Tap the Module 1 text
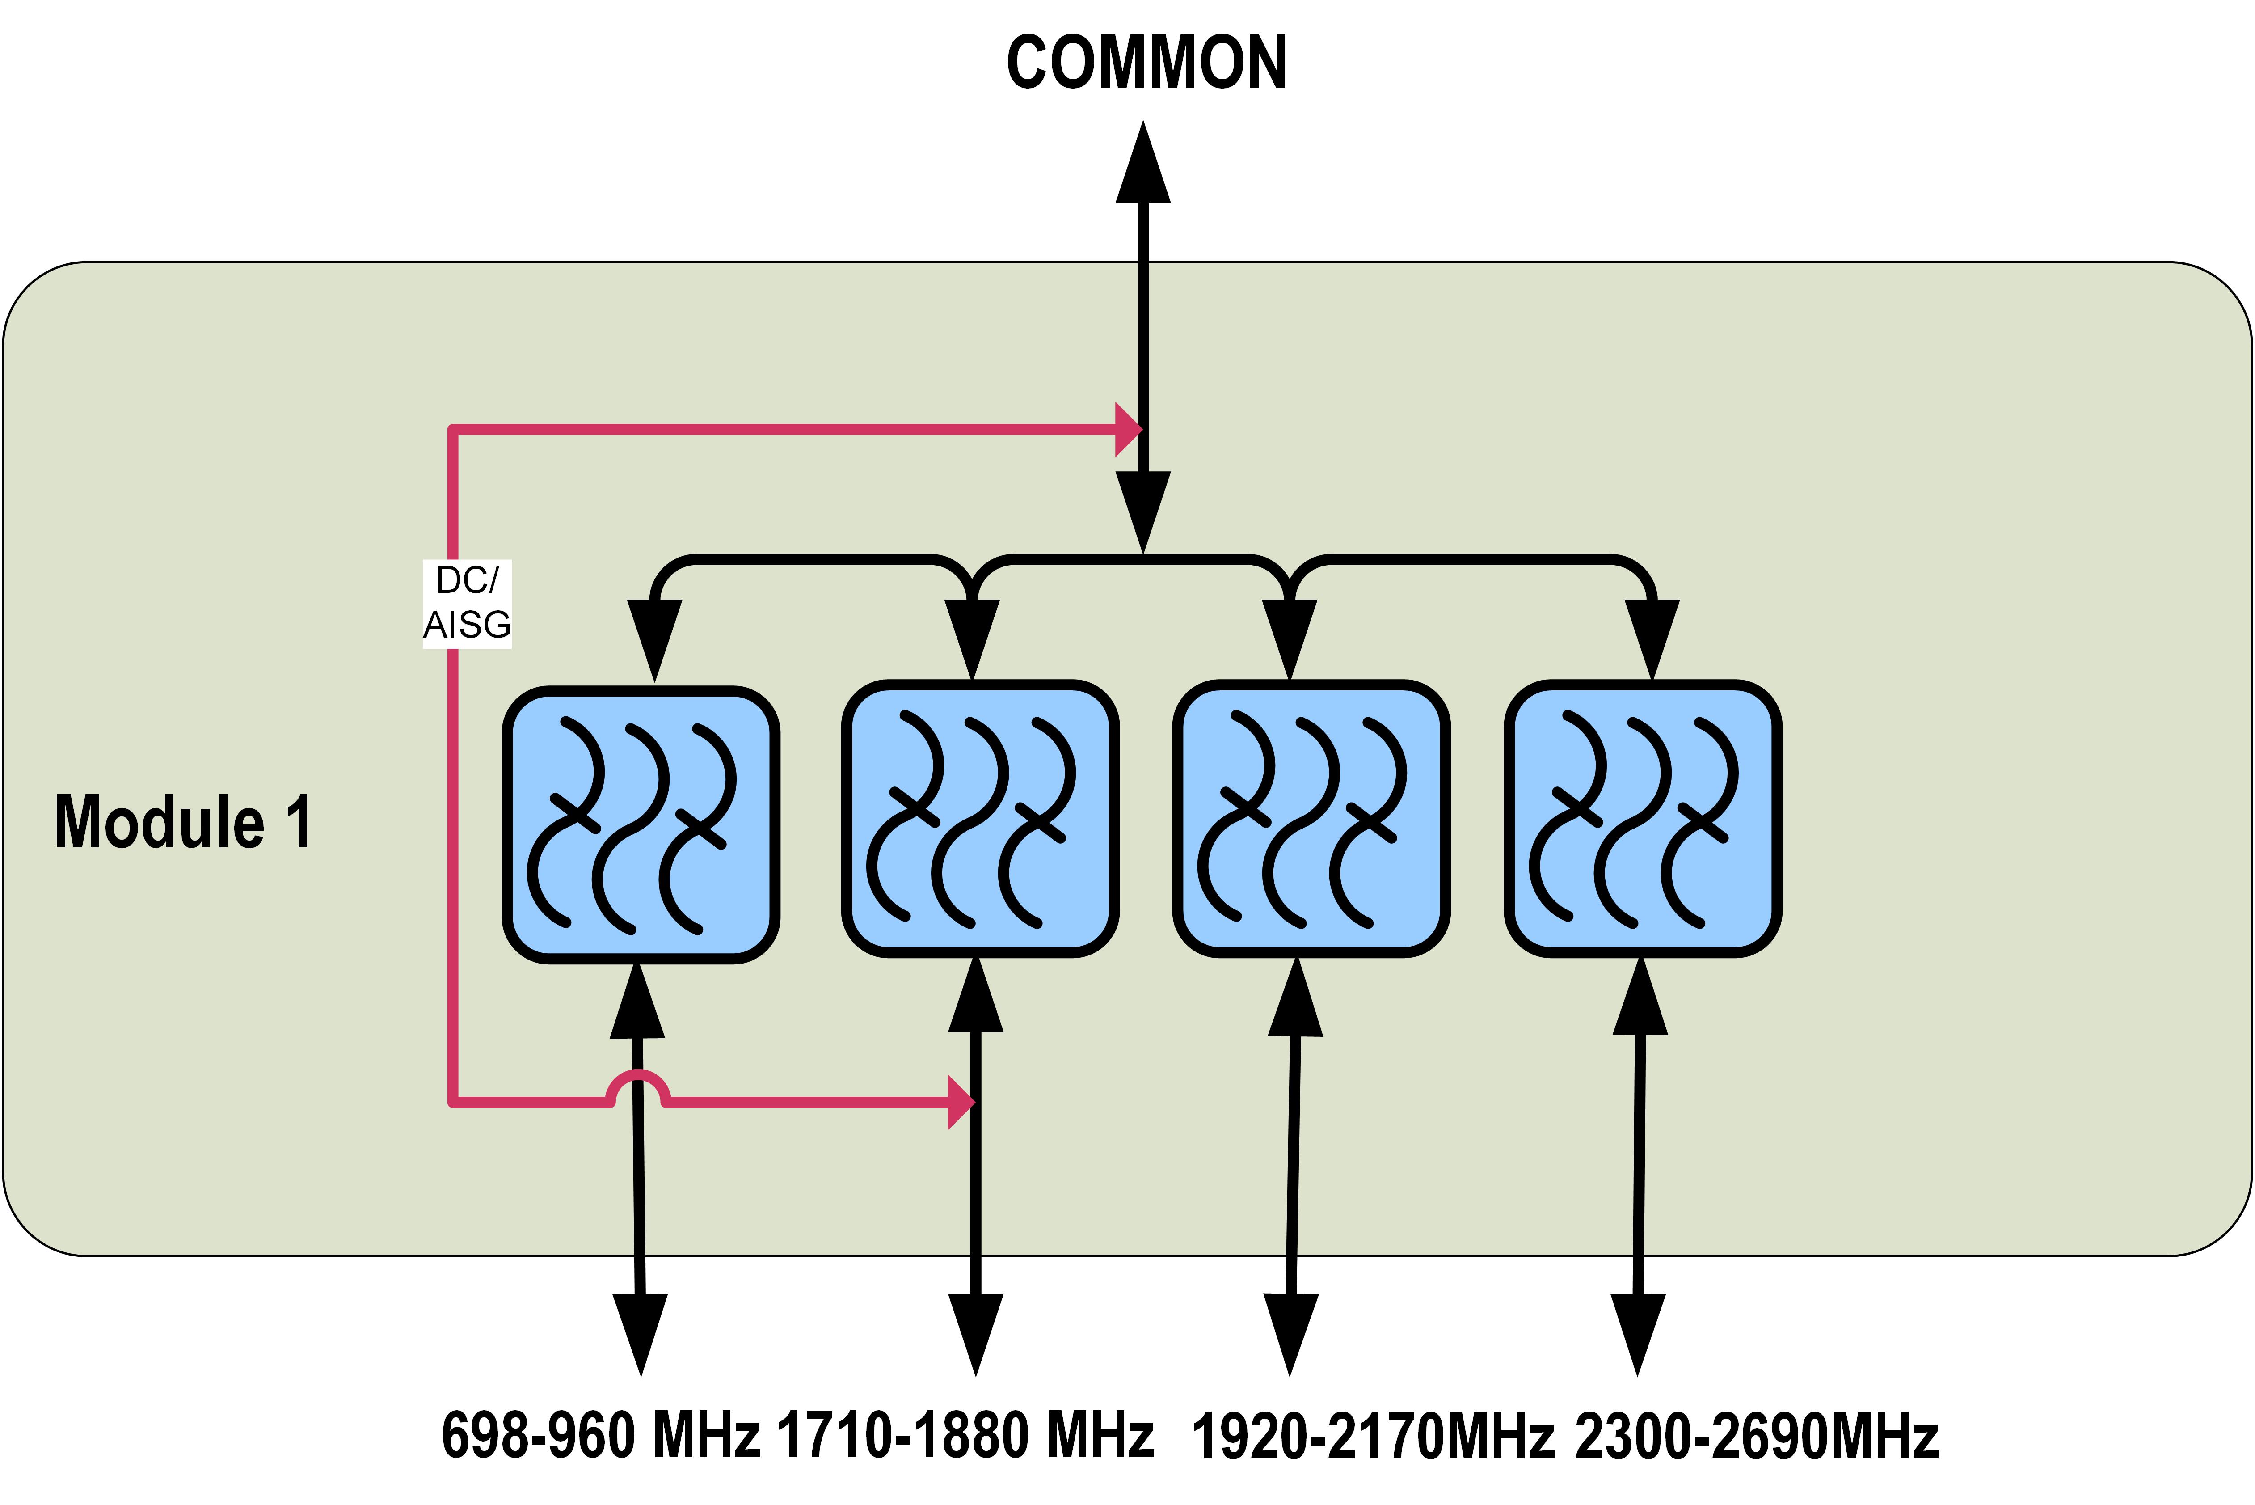[182, 823]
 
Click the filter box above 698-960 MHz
[641, 825]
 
